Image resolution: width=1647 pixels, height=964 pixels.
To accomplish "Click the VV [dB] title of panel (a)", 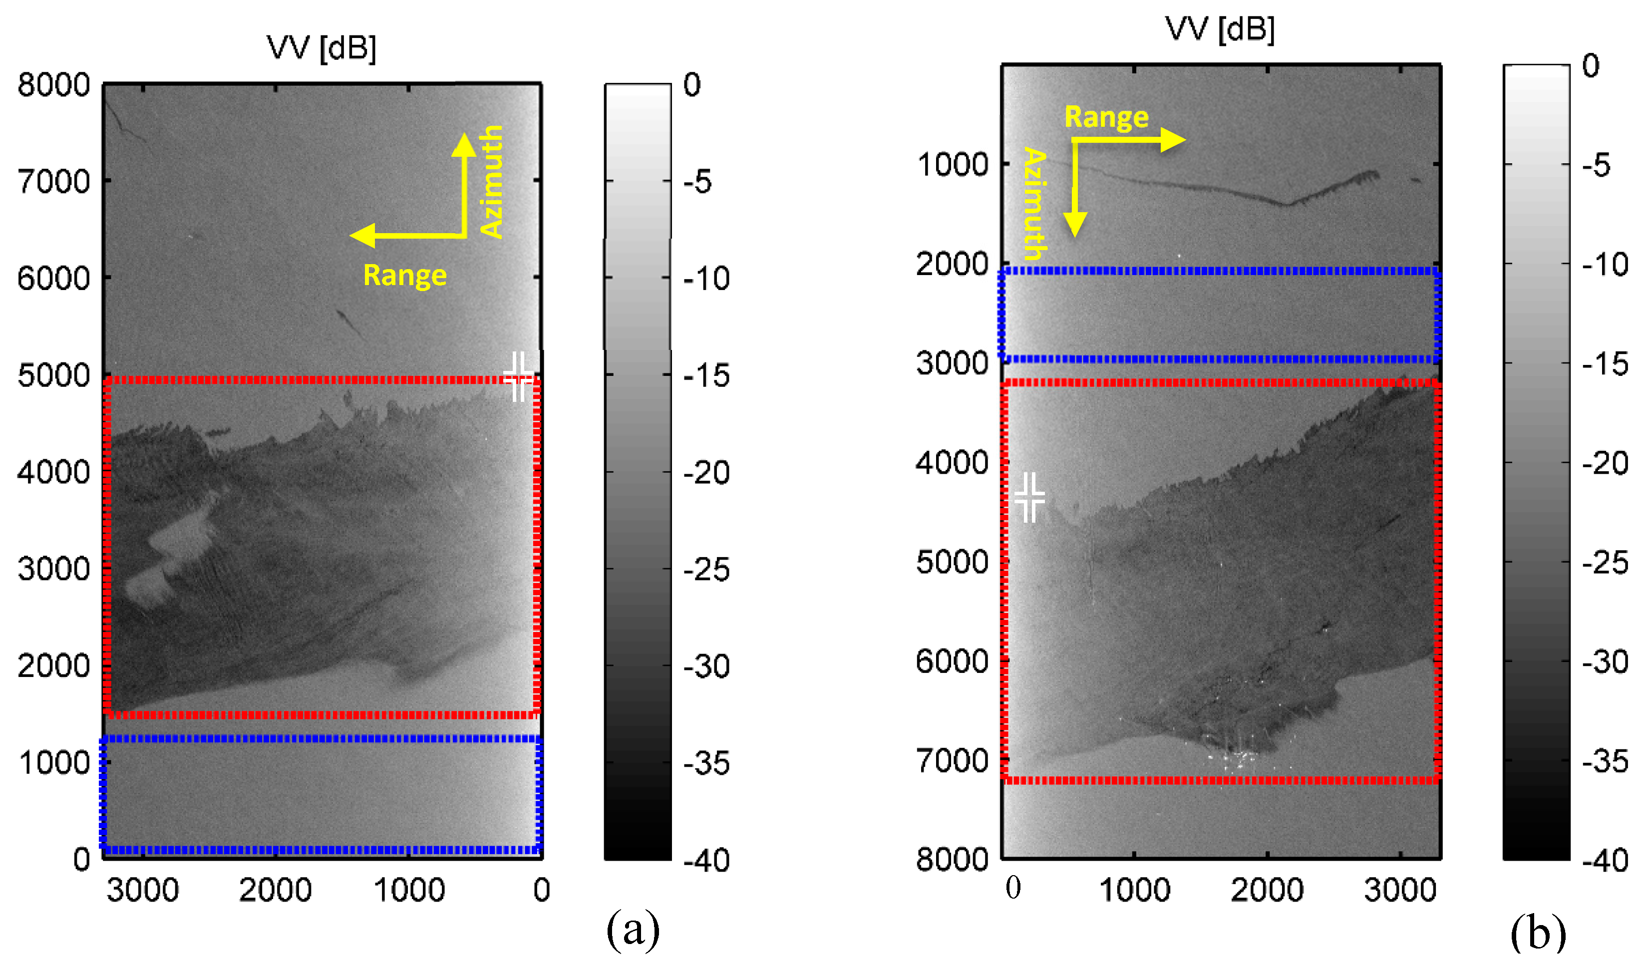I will [322, 48].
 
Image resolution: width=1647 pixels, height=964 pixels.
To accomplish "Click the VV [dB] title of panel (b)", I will [1220, 29].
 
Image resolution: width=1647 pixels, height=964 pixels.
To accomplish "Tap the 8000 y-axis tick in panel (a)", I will [53, 85].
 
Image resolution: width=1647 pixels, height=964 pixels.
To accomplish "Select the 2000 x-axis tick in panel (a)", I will [275, 890].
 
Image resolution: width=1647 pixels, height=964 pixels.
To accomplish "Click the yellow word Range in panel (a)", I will [404, 275].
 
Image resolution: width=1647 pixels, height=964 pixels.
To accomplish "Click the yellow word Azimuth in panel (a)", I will [491, 181].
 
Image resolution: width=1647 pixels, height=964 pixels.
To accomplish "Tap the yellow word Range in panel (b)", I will [1106, 117].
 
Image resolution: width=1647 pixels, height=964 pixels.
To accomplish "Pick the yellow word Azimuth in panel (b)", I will [1034, 203].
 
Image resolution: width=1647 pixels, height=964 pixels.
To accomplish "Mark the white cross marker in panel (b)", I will [1029, 497].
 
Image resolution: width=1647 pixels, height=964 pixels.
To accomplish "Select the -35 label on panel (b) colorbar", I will [1605, 761].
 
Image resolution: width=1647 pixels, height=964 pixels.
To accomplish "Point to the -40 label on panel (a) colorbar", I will [706, 860].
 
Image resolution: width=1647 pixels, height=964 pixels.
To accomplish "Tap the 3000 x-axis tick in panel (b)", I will [1400, 890].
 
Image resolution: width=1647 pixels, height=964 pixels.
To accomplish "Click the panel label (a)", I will [632, 929].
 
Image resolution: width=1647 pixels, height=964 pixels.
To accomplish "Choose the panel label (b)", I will [1537, 933].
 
